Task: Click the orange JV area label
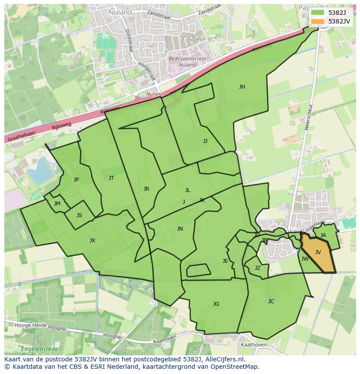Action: [x=318, y=252]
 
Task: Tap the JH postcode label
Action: [x=242, y=87]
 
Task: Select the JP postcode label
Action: [x=76, y=180]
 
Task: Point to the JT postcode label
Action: [x=111, y=178]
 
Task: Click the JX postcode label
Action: [x=92, y=241]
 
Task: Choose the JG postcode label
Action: [x=216, y=304]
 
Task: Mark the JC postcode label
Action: [x=271, y=301]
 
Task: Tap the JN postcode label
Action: [x=180, y=229]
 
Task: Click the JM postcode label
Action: [x=57, y=204]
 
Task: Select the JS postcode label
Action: [x=79, y=215]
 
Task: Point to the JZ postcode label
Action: [x=257, y=268]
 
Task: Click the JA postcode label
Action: [x=323, y=235]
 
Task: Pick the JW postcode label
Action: [x=305, y=259]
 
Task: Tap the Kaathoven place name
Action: [x=253, y=344]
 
